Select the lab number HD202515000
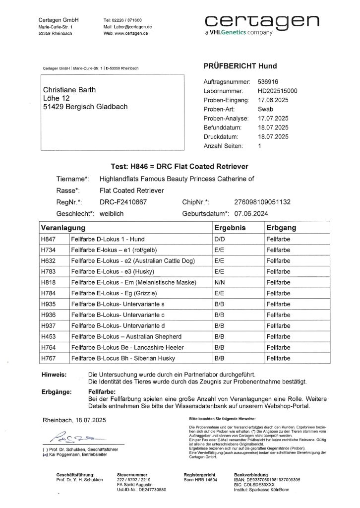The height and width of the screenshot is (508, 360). (278, 91)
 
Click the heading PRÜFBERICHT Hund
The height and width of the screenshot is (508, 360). (240, 66)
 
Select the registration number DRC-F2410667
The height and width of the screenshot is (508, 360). (123, 202)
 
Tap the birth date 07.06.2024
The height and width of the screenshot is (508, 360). (252, 214)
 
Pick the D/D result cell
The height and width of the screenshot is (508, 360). (219, 239)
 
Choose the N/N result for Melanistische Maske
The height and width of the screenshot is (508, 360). (219, 282)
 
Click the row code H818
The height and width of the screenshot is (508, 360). (49, 282)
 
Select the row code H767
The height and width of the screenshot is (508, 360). (49, 358)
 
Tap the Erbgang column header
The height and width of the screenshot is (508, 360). (281, 228)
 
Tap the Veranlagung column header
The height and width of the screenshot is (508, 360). (63, 228)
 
